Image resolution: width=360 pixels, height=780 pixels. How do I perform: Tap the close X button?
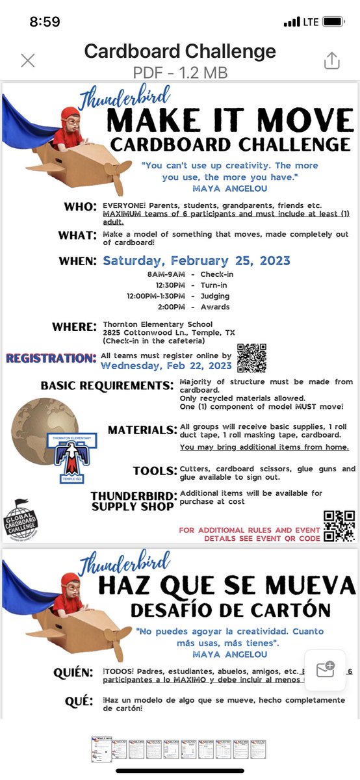point(27,61)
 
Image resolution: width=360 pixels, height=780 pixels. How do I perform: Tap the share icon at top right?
point(331,60)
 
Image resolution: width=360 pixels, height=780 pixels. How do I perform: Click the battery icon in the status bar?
point(333,21)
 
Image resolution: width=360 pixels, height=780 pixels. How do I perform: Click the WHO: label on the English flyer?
point(81,207)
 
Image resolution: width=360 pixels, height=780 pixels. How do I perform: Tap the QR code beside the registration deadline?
point(251,357)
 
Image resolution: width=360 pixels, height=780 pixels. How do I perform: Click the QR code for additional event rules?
point(339,526)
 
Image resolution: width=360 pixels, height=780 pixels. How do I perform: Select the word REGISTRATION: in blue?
point(51,358)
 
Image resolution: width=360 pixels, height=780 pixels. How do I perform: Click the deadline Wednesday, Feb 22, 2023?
point(166,365)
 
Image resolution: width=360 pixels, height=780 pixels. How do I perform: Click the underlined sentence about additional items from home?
point(264,447)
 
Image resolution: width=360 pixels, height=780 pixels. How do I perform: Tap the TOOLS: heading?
point(155,471)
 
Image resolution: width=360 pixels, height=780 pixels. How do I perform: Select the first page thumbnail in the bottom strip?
point(101,749)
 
